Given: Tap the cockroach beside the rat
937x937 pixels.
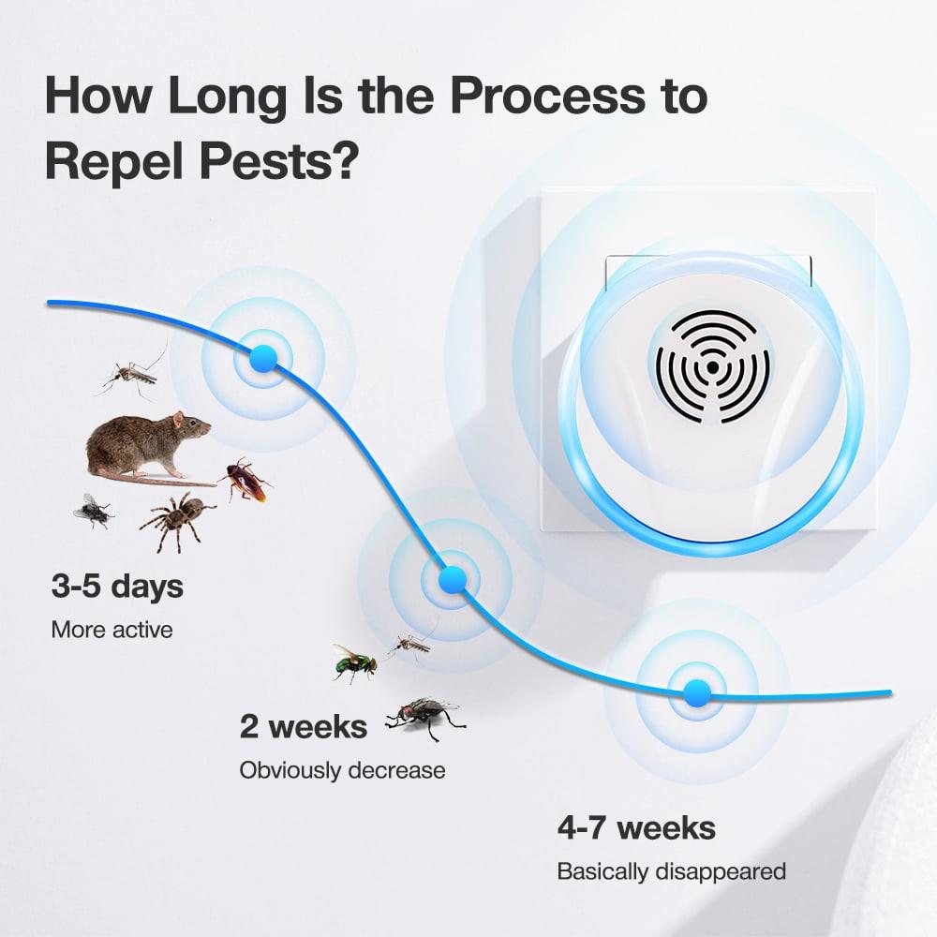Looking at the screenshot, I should pos(245,480).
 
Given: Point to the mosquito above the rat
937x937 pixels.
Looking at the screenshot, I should pos(131,375).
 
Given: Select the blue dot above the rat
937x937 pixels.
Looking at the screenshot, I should pos(263,356).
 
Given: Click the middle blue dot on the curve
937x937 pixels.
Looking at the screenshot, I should pos(453,580).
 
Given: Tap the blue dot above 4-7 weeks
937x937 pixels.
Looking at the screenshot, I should pos(696,692).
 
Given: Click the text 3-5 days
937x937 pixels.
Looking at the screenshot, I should pos(117,587).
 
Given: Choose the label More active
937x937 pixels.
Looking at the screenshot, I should pos(112,630).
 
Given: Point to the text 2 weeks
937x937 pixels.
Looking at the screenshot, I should pos(304,726).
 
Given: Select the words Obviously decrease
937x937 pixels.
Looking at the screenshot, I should pos(342,770).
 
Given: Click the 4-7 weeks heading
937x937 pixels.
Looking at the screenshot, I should pos(636,828).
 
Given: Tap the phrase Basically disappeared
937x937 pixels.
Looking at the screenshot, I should pos(671,871).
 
